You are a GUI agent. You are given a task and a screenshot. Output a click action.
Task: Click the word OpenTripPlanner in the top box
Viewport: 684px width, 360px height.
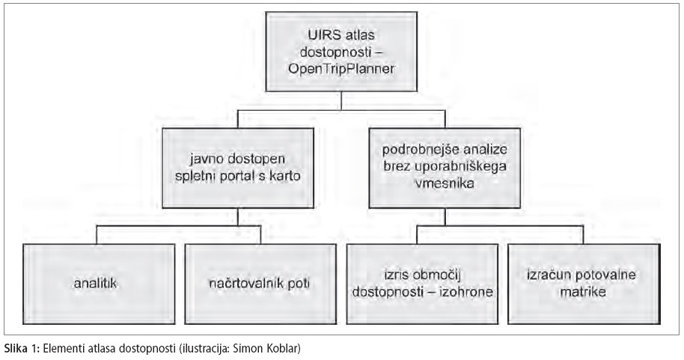(341, 70)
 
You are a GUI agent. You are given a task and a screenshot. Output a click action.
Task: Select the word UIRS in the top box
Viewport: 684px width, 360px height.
(323, 35)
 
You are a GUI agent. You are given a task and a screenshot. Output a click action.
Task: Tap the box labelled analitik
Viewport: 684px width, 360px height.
(99, 284)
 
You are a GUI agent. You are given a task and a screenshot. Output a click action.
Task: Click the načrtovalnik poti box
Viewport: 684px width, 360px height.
(260, 284)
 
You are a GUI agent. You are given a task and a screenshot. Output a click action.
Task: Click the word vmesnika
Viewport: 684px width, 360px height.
(445, 183)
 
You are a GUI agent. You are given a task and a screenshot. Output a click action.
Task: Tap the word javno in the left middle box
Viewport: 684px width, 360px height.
(204, 159)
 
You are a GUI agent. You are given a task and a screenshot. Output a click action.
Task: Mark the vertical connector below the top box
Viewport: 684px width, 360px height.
(341, 101)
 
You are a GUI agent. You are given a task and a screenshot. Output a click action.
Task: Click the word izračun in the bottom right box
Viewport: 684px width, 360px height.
(546, 275)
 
